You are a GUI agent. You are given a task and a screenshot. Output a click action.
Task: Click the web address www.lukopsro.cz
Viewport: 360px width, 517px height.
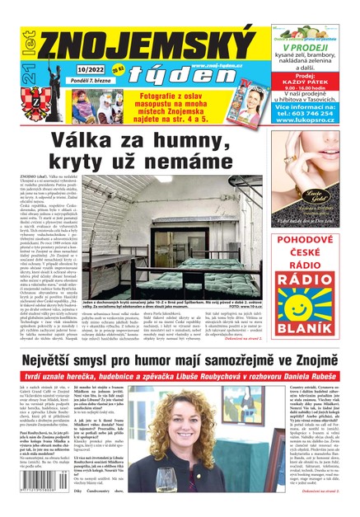(316, 120)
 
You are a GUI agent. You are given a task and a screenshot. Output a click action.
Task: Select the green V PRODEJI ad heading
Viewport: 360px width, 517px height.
(316, 47)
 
